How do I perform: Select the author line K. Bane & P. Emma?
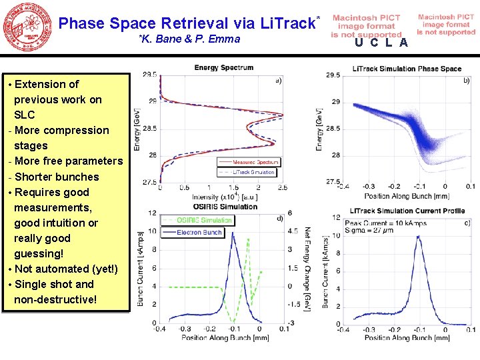[x=190, y=39]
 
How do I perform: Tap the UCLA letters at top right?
[x=381, y=43]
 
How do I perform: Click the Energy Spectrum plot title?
[x=224, y=67]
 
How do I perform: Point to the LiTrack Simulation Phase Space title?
[x=407, y=69]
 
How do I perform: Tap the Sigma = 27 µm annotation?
[x=371, y=231]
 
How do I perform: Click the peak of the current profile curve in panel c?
[x=418, y=235]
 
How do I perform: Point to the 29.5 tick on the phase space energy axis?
[x=332, y=75]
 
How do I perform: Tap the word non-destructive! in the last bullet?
[x=55, y=299]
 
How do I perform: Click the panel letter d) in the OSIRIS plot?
[x=279, y=217]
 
